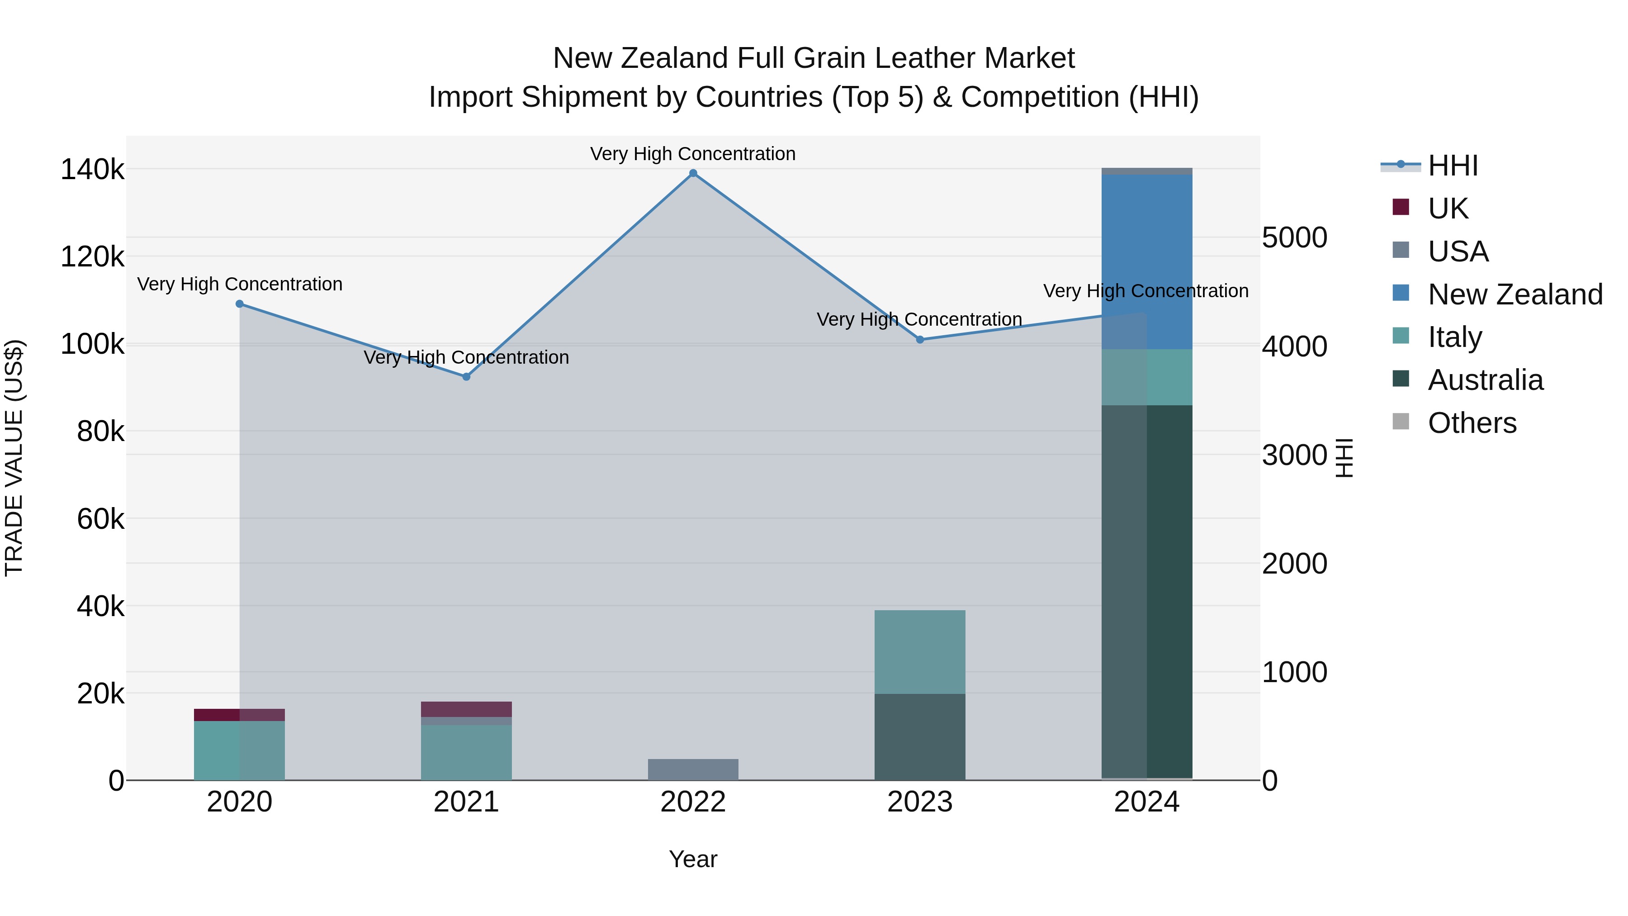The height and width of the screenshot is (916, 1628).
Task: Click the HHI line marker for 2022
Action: (x=693, y=173)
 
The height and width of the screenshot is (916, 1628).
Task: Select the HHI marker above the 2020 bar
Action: (x=240, y=304)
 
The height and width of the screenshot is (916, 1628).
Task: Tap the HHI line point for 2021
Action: (x=466, y=377)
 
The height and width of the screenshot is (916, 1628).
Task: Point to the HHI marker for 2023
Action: (x=919, y=339)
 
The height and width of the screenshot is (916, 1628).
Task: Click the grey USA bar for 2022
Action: (x=693, y=769)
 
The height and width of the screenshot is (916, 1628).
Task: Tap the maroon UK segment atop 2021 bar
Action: (x=466, y=709)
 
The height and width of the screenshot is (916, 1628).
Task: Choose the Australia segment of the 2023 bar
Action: (x=919, y=736)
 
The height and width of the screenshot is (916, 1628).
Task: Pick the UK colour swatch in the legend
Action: (x=1401, y=207)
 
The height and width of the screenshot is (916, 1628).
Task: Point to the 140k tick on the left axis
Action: (x=92, y=170)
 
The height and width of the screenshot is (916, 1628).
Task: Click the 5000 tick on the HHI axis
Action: (x=1294, y=238)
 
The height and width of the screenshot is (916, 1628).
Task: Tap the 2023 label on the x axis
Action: (x=919, y=802)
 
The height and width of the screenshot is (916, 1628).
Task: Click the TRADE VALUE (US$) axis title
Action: (x=14, y=458)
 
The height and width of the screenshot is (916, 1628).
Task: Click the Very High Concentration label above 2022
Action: (x=693, y=154)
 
